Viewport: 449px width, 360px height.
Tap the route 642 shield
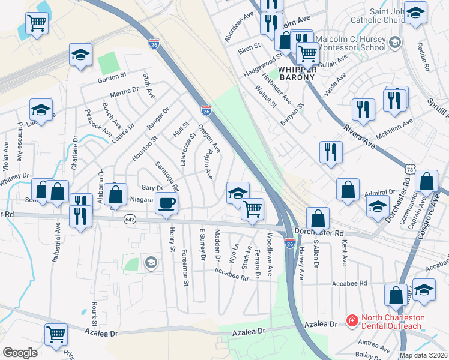[129, 220]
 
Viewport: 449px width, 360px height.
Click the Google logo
[20, 353]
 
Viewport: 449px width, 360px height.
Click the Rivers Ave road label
[360, 136]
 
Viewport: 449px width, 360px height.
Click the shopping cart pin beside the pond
[37, 24]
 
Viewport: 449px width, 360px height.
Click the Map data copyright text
[423, 355]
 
